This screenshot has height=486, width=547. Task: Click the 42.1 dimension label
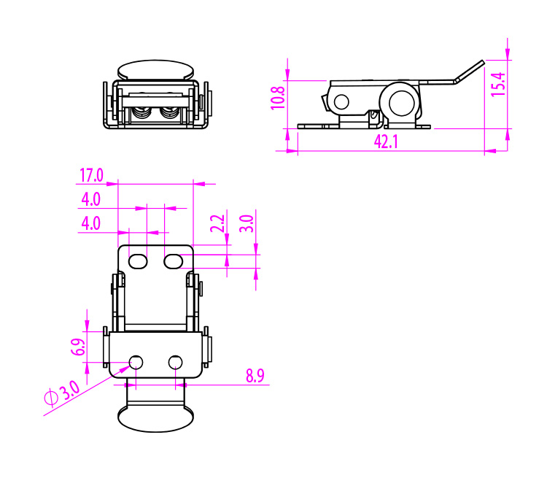(386, 142)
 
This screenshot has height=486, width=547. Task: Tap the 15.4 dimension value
(498, 84)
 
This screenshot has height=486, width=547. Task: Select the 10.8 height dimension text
(278, 97)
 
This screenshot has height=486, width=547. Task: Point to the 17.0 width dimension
(91, 175)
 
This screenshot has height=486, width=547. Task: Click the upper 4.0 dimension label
(91, 199)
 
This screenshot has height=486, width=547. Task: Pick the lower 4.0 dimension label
(91, 223)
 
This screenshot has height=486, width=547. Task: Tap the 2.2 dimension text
(217, 223)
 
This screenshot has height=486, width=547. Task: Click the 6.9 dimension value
(78, 347)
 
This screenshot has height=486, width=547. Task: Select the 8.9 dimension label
(255, 377)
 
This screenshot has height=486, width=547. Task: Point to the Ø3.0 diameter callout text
(62, 394)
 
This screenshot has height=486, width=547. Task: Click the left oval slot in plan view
(139, 261)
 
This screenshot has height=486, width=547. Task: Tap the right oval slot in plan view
(173, 261)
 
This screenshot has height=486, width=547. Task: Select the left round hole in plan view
(136, 362)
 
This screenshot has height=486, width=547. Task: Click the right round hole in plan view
(175, 362)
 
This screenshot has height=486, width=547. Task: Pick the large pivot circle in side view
(400, 101)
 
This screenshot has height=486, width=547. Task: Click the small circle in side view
(341, 101)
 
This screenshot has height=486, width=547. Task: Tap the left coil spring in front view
(142, 114)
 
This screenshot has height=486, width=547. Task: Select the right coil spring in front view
(169, 114)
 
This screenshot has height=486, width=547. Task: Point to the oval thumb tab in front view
(156, 70)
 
